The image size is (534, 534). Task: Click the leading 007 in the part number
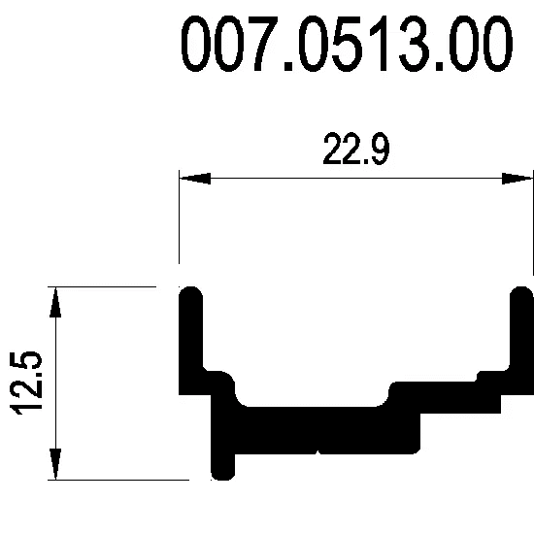pyautogui.click(x=227, y=44)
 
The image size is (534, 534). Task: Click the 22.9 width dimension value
pyautogui.click(x=356, y=149)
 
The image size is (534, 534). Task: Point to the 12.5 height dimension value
pyautogui.click(x=26, y=383)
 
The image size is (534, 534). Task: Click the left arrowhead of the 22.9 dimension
pyautogui.click(x=195, y=178)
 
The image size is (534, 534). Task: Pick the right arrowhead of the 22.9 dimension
pyautogui.click(x=517, y=178)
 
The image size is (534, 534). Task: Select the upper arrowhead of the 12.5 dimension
pyautogui.click(x=55, y=302)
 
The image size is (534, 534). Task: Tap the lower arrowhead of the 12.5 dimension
pyautogui.click(x=55, y=464)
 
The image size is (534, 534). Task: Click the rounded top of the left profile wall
pyautogui.click(x=190, y=294)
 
